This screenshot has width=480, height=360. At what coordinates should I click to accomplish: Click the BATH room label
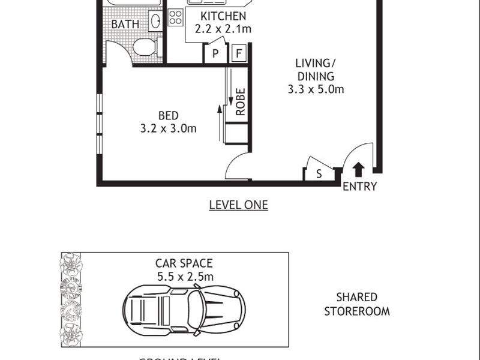click(125, 25)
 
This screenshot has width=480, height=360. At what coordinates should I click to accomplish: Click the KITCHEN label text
click(223, 16)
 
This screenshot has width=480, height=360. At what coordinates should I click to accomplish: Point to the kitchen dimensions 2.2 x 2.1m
click(223, 29)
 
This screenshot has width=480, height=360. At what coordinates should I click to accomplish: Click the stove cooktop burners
click(175, 18)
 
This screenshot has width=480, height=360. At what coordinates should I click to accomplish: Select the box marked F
click(239, 54)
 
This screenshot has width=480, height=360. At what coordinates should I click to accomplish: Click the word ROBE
click(240, 102)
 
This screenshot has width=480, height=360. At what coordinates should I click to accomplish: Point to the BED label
click(169, 115)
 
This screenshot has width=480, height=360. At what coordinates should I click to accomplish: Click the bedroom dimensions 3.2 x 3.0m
click(169, 128)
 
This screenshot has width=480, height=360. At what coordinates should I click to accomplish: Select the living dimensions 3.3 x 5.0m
click(315, 90)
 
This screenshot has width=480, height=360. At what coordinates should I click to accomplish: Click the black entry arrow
click(358, 169)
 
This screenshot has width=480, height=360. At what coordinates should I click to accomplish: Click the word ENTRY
click(359, 187)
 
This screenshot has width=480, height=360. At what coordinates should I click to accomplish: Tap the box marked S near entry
click(319, 174)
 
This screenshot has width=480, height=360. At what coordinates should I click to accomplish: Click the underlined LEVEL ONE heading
click(238, 205)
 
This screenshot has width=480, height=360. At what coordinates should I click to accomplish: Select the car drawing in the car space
click(184, 310)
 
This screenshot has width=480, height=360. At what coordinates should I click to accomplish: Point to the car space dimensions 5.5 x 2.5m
click(184, 277)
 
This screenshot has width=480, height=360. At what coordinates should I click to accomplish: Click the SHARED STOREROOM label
click(356, 304)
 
